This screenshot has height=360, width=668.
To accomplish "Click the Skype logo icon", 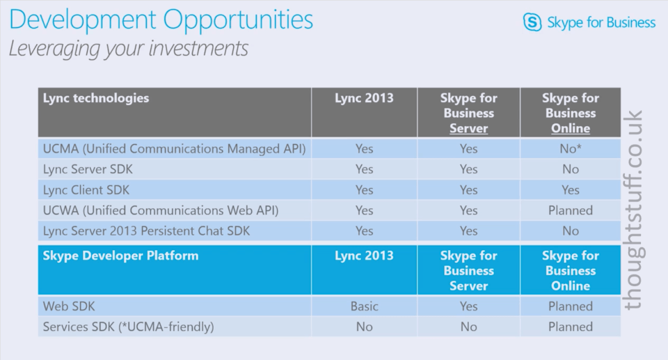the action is pyautogui.click(x=532, y=22).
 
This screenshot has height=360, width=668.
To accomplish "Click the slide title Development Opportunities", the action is pyautogui.click(x=161, y=20).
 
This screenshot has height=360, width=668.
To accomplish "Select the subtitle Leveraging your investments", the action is pyautogui.click(x=128, y=48).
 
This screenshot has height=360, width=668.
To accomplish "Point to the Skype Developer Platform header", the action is pyautogui.click(x=120, y=256).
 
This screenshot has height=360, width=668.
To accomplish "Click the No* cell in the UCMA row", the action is pyautogui.click(x=571, y=148).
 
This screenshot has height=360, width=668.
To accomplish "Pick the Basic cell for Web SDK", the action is pyautogui.click(x=364, y=306).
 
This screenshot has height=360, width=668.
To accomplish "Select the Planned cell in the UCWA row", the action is pyautogui.click(x=571, y=210).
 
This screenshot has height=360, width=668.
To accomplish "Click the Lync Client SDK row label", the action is pyautogui.click(x=86, y=190).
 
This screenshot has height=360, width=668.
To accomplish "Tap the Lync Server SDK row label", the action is pyautogui.click(x=88, y=169).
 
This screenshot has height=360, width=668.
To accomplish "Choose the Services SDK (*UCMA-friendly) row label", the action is pyautogui.click(x=128, y=327).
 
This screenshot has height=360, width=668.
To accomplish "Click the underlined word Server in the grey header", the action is pyautogui.click(x=468, y=128).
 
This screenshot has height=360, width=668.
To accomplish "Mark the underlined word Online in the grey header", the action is pyautogui.click(x=571, y=128).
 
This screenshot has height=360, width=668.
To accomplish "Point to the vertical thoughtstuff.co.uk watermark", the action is pyautogui.click(x=633, y=210).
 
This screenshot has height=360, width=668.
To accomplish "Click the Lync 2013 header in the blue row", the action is pyautogui.click(x=364, y=256).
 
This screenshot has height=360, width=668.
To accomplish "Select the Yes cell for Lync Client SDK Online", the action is pyautogui.click(x=571, y=190).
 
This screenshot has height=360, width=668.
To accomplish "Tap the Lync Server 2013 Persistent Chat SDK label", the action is pyautogui.click(x=146, y=230).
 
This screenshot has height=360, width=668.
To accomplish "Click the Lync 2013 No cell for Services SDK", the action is pyautogui.click(x=364, y=327).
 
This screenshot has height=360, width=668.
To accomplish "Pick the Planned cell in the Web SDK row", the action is pyautogui.click(x=571, y=306).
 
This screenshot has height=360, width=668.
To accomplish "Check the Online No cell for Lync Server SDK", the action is pyautogui.click(x=571, y=169).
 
